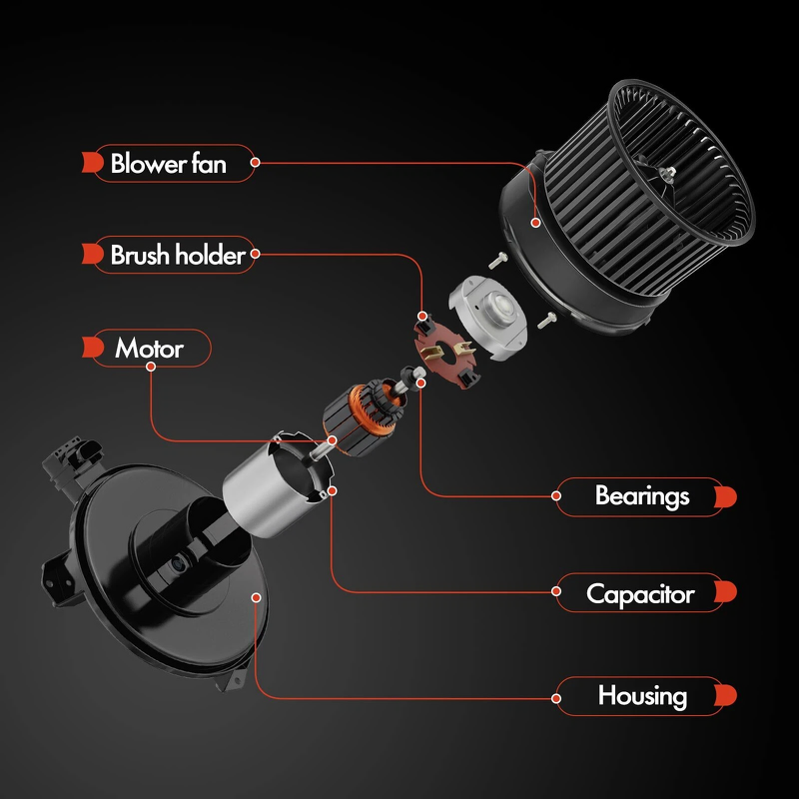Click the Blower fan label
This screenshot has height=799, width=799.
click(x=168, y=164)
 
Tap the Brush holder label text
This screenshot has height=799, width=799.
click(x=178, y=255)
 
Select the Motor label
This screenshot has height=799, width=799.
click(x=149, y=349)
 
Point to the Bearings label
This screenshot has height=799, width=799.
click(x=642, y=496)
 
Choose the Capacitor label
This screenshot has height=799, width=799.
click(x=640, y=594)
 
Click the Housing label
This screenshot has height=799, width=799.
click(x=642, y=696)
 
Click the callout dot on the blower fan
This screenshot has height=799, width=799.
click(x=535, y=223)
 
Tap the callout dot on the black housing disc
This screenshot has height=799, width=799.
click(x=257, y=597)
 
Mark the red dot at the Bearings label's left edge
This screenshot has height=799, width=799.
click(x=556, y=495)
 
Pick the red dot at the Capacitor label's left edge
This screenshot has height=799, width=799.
click(x=556, y=591)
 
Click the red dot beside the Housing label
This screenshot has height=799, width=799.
click(x=556, y=698)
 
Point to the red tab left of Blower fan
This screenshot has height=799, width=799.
click(x=93, y=162)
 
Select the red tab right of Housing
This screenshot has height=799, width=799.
click(x=726, y=695)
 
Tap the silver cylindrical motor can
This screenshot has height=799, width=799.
click(x=276, y=485)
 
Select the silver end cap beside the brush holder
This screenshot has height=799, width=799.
click(x=487, y=317)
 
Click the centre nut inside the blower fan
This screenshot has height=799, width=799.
click(x=669, y=173)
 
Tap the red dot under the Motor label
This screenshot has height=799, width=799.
click(x=151, y=367)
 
